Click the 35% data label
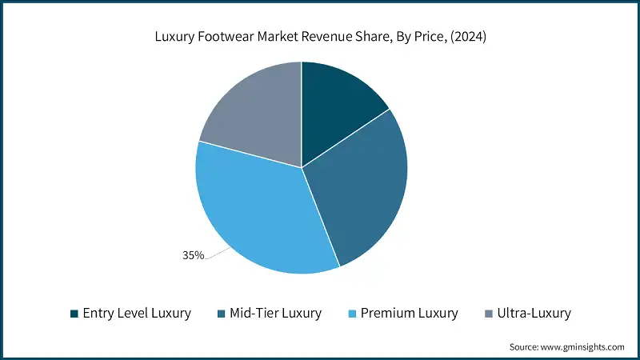click(193, 255)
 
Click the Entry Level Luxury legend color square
click(74, 314)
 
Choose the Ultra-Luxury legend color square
click(490, 314)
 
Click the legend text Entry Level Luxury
click(137, 314)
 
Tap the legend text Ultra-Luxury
click(534, 314)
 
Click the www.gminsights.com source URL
click(584, 346)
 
